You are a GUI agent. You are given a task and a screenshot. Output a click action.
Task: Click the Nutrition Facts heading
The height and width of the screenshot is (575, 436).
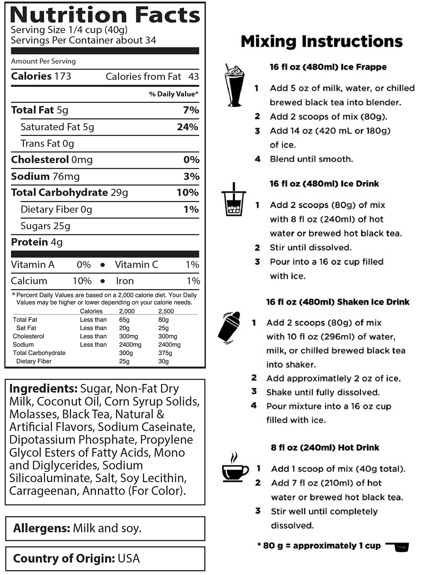(105, 15)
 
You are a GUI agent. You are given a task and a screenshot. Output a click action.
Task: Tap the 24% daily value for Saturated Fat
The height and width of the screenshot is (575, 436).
(187, 127)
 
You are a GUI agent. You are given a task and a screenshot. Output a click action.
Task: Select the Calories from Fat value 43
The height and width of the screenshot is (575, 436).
(193, 77)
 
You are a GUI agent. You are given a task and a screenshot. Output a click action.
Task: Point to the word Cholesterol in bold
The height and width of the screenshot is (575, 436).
(40, 160)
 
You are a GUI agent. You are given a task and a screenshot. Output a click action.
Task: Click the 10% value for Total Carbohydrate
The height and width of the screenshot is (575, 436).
(187, 193)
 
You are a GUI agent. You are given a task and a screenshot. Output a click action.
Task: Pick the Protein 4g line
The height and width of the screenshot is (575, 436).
(37, 242)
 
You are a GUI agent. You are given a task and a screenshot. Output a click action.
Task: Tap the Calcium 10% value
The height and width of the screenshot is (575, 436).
(82, 281)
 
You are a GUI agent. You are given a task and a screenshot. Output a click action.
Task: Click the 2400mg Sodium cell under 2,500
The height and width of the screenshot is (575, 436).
(169, 345)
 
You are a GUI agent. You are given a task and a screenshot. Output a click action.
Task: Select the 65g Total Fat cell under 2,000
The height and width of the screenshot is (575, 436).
(124, 320)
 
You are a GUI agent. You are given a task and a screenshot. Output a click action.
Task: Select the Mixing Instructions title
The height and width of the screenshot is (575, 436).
(322, 41)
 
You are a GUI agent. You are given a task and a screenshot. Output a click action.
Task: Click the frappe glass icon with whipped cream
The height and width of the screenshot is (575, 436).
(234, 85)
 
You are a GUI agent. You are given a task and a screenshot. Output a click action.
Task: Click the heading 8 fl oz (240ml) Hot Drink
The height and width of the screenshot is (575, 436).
(325, 448)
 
